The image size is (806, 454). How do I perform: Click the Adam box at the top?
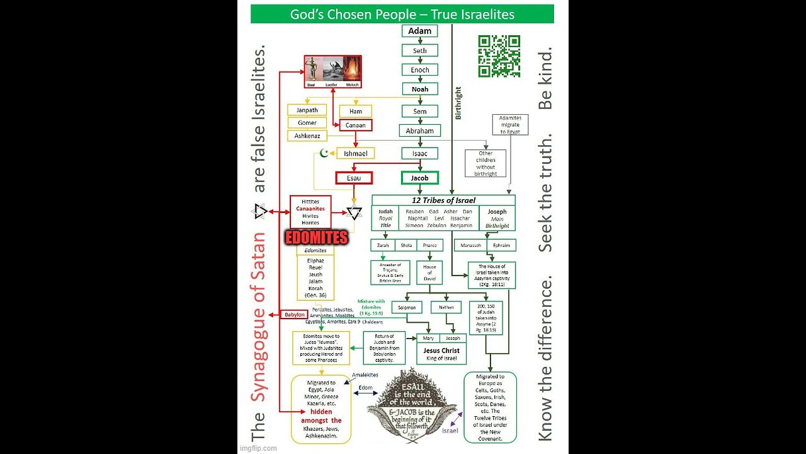[419, 31]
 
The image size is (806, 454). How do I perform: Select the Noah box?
[419, 90]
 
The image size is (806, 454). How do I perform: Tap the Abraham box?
[419, 131]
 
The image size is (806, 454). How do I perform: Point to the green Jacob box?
[419, 178]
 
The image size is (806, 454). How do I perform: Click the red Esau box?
[353, 178]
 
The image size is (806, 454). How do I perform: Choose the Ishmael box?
[355, 153]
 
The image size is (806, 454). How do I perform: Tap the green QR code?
[499, 56]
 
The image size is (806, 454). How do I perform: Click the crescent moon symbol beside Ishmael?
[325, 153]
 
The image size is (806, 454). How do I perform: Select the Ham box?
[355, 111]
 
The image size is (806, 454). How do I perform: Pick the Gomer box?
[307, 123]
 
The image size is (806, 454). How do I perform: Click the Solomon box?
[407, 308]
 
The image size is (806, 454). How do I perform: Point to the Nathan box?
[446, 308]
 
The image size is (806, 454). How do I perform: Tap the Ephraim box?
[501, 245]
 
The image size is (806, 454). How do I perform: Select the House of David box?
[429, 272]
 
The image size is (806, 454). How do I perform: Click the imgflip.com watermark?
[258, 448]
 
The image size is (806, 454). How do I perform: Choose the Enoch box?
[419, 69]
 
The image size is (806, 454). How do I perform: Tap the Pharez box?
[429, 245]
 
